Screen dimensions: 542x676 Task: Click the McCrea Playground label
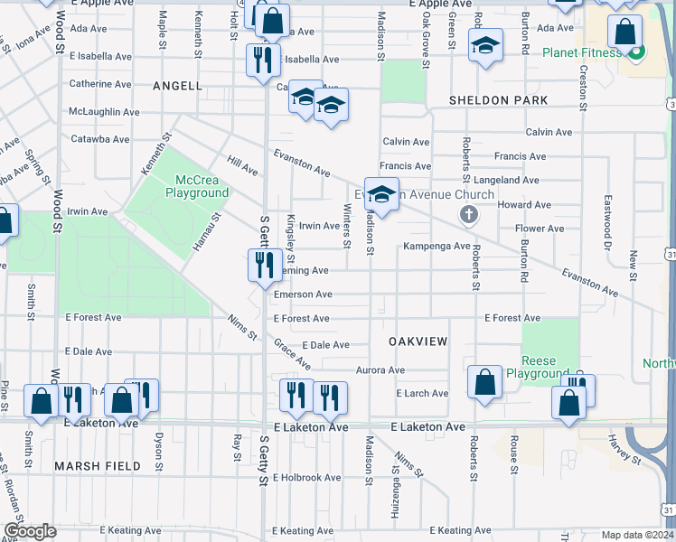pos(196,186)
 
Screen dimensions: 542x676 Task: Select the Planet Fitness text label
pos(582,51)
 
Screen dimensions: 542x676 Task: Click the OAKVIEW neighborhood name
pos(418,341)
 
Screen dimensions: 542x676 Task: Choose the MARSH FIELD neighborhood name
pos(98,466)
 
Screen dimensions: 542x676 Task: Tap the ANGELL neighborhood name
pos(177,86)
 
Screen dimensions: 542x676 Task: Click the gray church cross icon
pos(468,214)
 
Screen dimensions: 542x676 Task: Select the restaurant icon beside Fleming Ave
pos(262,264)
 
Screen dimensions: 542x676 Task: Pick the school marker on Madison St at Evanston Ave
pos(381,194)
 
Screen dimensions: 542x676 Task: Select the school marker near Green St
pos(485,45)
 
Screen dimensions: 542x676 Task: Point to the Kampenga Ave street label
pos(437,246)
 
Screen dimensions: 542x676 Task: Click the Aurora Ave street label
pos(380,370)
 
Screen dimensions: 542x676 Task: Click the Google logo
pos(30,531)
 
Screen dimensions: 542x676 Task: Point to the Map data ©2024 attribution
pos(636,535)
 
